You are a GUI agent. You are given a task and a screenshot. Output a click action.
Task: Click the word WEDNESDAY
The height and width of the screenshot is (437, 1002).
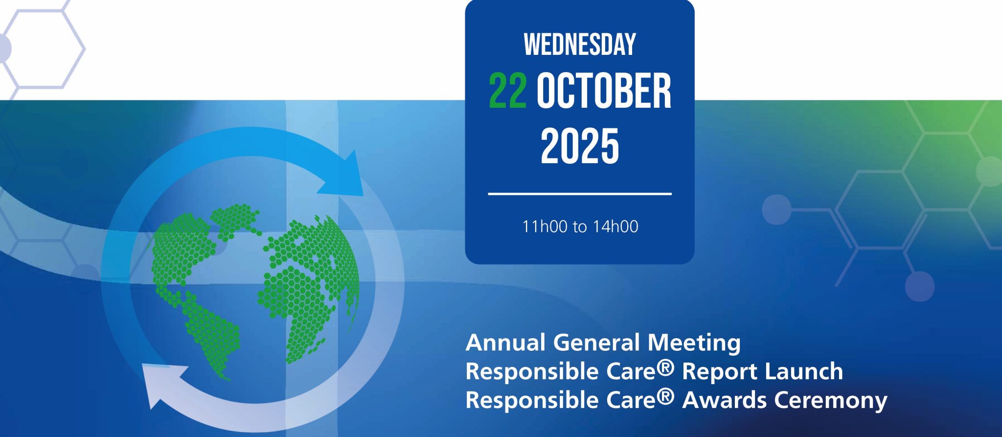point(580,45)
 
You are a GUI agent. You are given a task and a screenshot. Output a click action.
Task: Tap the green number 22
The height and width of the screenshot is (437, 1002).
point(508,92)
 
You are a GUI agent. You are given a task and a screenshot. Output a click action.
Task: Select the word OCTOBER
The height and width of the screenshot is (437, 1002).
point(604,92)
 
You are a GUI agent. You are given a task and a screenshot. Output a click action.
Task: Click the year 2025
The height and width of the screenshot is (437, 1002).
point(580,146)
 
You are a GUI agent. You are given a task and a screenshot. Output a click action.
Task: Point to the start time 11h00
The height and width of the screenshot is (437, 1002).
point(545,227)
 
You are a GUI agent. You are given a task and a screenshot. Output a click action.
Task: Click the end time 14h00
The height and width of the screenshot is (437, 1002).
point(615,227)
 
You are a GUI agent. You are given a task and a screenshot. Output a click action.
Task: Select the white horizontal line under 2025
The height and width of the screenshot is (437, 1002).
point(580,194)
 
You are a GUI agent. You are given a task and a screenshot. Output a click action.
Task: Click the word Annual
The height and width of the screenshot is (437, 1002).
point(506,342)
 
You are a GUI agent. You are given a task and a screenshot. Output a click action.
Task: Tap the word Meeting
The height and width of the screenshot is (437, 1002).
point(694,342)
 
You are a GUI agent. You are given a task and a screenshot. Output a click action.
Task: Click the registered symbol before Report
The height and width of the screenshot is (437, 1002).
point(665,367)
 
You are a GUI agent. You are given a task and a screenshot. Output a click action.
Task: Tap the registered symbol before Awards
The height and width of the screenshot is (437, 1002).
point(665,396)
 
